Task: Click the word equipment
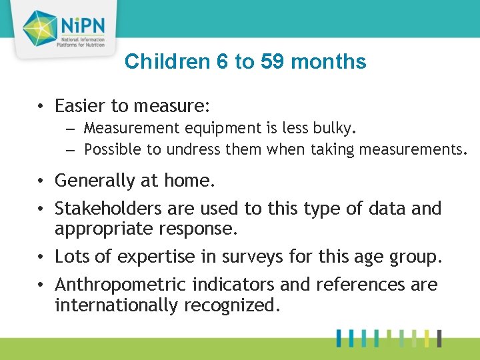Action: (x=204, y=128)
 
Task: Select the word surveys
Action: (x=240, y=257)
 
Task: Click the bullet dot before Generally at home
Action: (x=41, y=181)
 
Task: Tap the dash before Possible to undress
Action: (x=73, y=149)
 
